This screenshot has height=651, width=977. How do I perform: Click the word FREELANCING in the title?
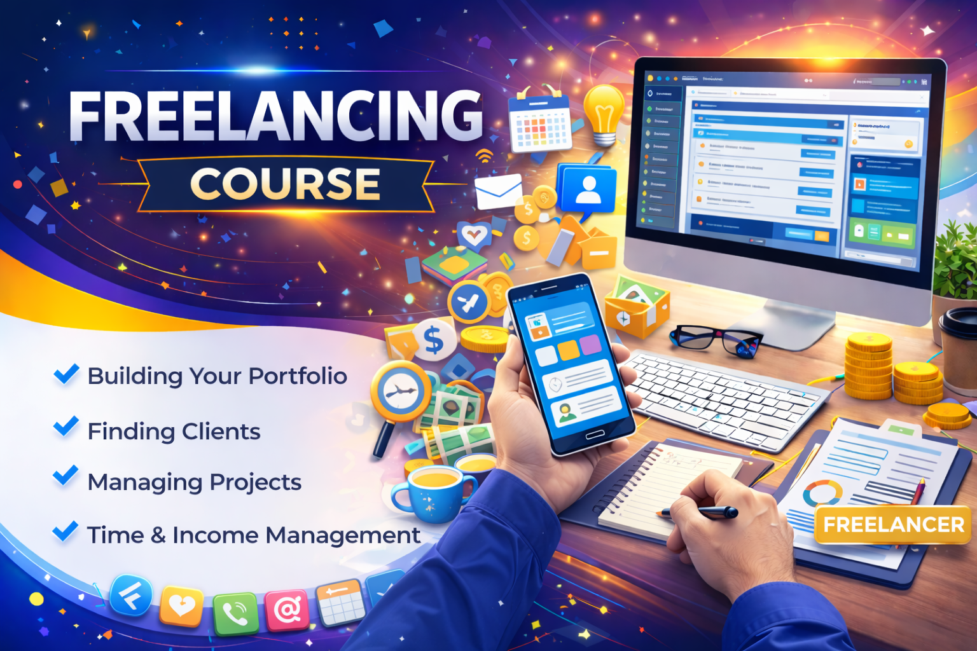click(x=275, y=116)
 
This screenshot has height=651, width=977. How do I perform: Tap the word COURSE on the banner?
click(x=285, y=184)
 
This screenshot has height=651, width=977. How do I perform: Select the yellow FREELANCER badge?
click(x=893, y=524)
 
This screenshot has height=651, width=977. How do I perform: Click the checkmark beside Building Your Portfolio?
click(x=66, y=374)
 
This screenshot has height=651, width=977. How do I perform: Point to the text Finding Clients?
click(x=174, y=432)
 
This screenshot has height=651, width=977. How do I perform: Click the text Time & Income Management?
click(x=253, y=535)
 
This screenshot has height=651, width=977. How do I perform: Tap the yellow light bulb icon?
click(x=603, y=113)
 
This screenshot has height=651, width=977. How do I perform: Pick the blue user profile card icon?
click(x=586, y=189)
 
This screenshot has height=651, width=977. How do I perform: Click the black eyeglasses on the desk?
click(x=715, y=338)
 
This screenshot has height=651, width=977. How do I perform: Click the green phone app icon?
click(x=236, y=613)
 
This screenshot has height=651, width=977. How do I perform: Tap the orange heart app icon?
click(x=181, y=606)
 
